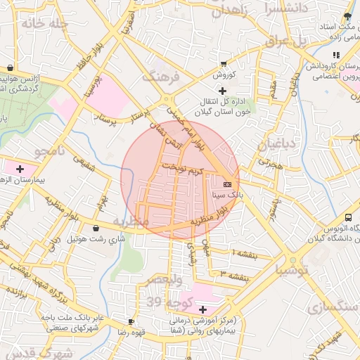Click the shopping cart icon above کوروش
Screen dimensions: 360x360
[224, 63]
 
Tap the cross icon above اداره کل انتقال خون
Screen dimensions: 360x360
[223, 91]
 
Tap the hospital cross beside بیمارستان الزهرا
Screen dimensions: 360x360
[20, 169]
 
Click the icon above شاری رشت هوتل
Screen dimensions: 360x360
[96, 228]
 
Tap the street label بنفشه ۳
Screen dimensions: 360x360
[231, 273]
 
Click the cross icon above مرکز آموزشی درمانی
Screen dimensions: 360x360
[203, 309]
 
